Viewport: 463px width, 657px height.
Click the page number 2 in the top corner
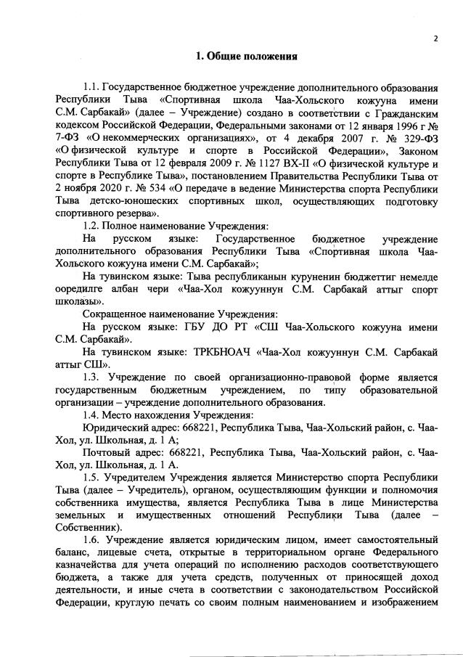pyautogui.click(x=435, y=38)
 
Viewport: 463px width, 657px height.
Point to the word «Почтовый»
pyautogui.click(x=106, y=452)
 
